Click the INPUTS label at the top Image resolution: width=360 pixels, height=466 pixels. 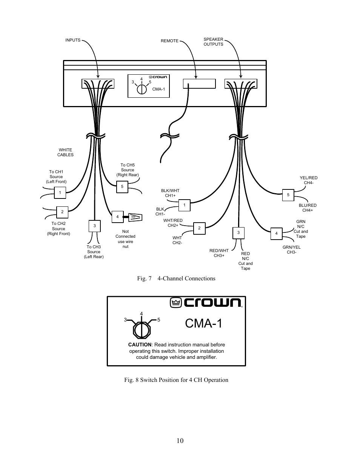[73, 40]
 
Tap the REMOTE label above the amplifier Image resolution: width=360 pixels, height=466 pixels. [169, 41]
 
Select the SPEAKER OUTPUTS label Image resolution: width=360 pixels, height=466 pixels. [213, 42]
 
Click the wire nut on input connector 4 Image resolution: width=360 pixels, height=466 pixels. [135, 217]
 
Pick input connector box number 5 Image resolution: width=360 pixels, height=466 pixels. [122, 187]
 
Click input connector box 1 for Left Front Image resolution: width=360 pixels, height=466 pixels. [60, 192]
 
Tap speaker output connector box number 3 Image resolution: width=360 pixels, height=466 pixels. [238, 233]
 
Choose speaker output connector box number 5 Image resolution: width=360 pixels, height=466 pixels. [288, 195]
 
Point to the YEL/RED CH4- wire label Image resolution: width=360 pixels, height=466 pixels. [309, 180]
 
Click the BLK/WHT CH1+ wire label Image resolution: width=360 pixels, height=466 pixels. [170, 193]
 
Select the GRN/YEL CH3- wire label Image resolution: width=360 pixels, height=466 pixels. [292, 250]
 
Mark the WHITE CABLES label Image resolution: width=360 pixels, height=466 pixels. [65, 152]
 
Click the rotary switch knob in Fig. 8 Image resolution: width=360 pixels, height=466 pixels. [142, 331]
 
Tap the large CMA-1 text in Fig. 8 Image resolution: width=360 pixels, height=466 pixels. [203, 323]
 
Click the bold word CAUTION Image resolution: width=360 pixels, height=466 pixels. [140, 345]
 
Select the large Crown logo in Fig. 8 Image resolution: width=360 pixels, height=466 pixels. [206, 303]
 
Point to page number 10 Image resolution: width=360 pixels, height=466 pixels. [180, 440]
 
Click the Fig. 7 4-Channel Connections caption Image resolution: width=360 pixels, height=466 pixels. [176, 278]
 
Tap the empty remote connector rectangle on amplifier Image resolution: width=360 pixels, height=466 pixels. [199, 84]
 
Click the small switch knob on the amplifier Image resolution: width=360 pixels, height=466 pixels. [142, 89]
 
